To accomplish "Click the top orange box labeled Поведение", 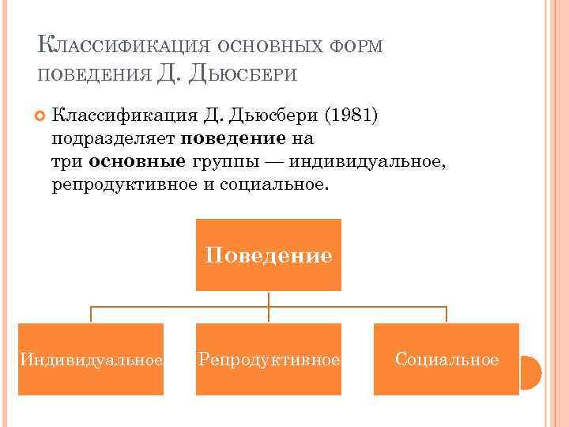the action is (x=269, y=255).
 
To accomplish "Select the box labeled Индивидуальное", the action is (x=91, y=360).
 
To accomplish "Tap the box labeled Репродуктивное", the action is (x=269, y=360).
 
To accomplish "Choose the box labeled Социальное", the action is (x=447, y=360).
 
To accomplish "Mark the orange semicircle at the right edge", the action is (x=530, y=372).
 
